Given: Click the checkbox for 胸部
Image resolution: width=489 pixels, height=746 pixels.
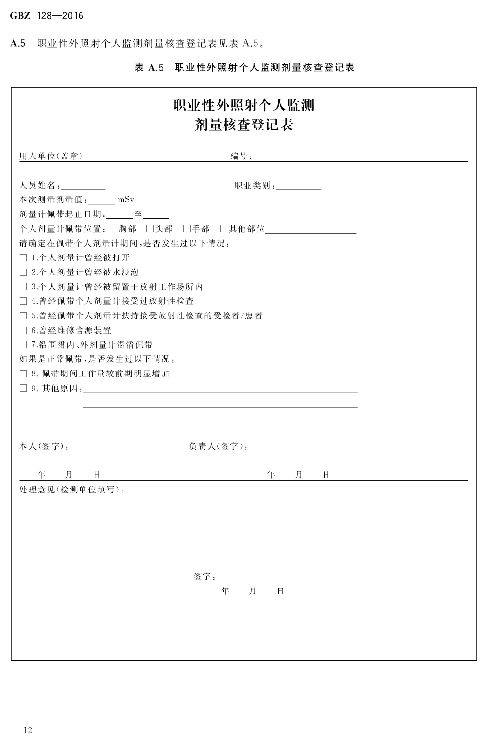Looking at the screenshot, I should pos(113,228).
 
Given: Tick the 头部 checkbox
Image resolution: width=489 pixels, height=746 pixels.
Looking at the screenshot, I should pos(150,228).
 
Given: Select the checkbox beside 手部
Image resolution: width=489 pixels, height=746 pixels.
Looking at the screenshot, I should pos(187,228).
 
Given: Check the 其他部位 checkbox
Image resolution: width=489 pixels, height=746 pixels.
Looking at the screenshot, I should pos(224,228).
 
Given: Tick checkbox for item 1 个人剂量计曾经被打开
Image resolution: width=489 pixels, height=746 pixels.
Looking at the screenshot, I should pos(23,257).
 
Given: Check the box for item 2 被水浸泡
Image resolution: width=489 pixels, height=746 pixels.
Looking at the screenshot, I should pos(23,272).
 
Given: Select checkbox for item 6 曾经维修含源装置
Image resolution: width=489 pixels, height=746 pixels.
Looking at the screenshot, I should pos(23,330).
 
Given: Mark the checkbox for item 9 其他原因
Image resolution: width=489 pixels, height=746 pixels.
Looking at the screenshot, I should pos(23,388).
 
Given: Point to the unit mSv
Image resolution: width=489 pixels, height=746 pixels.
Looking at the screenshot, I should pos(126,200).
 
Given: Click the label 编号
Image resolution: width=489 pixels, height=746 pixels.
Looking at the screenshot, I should pos(241,157).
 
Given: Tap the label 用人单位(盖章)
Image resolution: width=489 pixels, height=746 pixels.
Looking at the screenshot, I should pos(51,156).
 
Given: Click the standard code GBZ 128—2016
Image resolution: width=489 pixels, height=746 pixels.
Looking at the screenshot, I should pos(47,16).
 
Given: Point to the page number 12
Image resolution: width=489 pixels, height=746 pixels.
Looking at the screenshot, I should pos(28,730).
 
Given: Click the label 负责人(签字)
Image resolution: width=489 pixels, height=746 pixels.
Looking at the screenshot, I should pos(218,446).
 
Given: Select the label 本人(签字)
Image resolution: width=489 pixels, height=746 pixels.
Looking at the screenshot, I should pos(44,446).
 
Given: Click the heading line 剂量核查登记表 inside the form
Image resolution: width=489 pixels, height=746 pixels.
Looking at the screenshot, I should pos(244,125).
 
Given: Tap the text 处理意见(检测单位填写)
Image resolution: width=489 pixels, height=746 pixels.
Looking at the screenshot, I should pos(71,490).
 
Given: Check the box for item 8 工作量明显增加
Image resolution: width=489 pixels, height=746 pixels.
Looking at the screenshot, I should pos(23,374).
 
